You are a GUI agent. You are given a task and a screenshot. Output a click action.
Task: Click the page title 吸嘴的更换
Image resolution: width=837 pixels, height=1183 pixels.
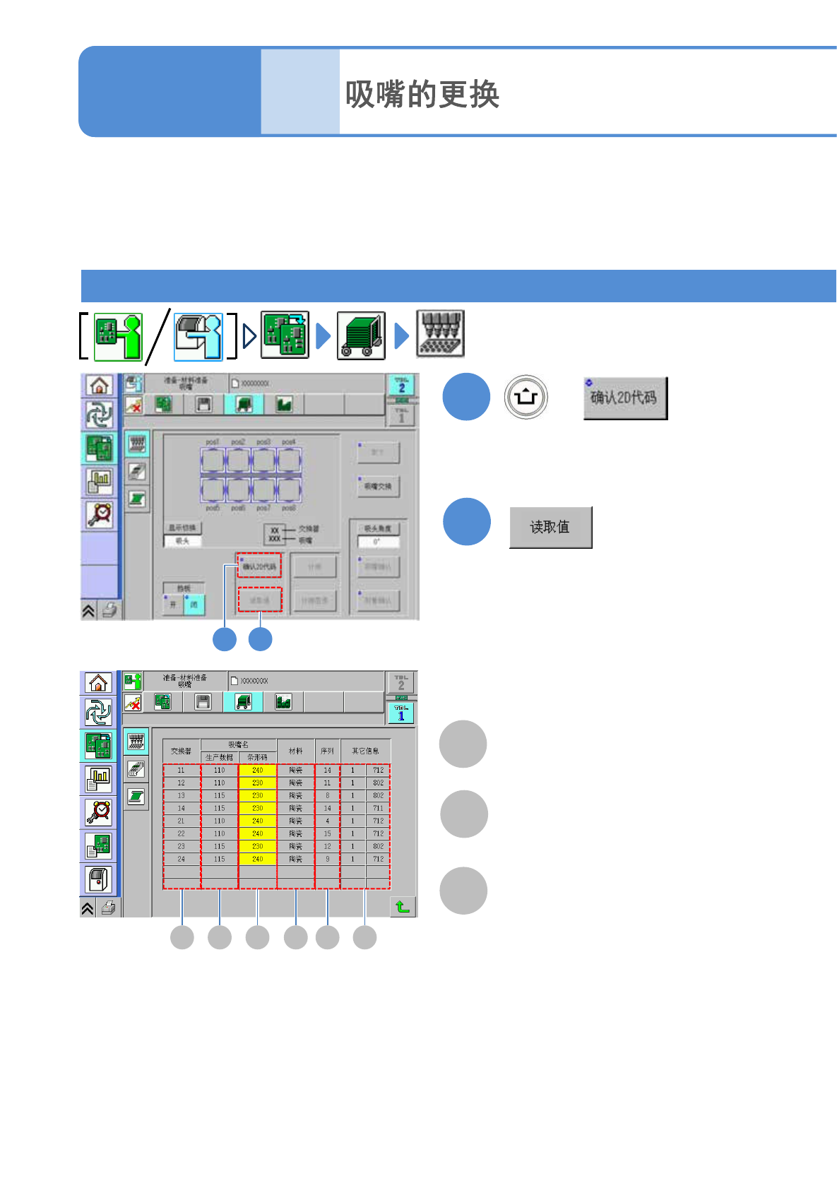coord(422,94)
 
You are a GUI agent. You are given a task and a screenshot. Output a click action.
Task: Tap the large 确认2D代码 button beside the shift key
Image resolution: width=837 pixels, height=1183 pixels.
coord(625,398)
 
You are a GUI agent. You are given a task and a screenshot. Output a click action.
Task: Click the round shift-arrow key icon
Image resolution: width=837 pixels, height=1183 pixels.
coord(526,397)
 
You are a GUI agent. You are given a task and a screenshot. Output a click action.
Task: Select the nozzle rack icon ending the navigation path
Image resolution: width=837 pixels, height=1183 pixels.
coord(440,334)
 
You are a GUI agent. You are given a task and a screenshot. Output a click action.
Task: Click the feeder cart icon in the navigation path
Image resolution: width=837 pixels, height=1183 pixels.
coord(361,335)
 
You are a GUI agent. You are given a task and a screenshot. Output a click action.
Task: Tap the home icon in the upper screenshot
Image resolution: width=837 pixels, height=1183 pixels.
coord(99,386)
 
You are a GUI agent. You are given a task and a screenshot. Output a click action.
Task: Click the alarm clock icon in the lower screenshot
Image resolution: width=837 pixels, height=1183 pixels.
coord(99,812)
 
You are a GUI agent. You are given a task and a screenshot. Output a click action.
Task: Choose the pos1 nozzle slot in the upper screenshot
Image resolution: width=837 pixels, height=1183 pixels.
coord(213,460)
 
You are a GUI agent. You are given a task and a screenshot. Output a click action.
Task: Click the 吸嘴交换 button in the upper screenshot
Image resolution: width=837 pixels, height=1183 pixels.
coord(378,486)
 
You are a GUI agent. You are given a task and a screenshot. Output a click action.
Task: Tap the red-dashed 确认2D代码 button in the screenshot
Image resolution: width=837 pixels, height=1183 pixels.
coord(259,566)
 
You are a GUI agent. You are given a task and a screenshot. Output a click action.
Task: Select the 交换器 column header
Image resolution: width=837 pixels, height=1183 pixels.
coord(182,751)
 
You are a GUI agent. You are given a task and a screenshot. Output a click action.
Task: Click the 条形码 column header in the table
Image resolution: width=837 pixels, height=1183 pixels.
coord(257,757)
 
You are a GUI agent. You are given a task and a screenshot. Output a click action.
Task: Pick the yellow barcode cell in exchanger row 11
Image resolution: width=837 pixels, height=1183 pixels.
coord(257,771)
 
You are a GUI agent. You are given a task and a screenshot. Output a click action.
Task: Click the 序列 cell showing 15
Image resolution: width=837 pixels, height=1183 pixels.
coord(327,833)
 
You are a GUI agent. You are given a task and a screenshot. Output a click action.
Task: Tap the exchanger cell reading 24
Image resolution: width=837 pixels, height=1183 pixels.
coord(182,859)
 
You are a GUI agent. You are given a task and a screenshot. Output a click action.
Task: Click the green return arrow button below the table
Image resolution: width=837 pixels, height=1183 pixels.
coord(403,906)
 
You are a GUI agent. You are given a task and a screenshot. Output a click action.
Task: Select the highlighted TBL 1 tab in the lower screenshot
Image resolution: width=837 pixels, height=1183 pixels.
coord(400,713)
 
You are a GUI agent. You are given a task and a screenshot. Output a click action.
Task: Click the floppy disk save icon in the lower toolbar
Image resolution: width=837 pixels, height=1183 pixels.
coord(203,702)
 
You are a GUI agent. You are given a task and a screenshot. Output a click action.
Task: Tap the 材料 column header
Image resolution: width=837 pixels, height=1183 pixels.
coord(295,751)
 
